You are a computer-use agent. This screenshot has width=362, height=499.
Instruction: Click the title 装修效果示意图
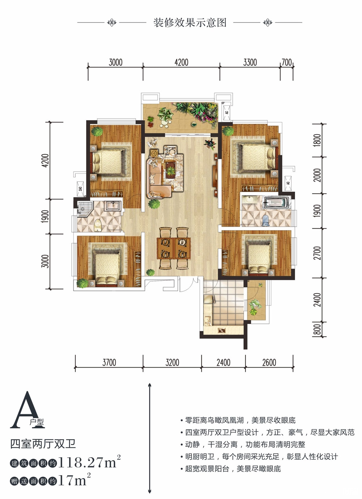[x=190, y=22]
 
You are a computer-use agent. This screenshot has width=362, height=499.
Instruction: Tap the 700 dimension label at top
[x=287, y=62]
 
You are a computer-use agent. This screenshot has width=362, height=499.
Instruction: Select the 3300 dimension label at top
[x=250, y=62]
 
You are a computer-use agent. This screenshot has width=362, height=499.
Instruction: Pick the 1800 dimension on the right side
[x=317, y=140]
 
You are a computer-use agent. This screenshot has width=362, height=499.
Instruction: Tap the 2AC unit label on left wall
[x=80, y=189]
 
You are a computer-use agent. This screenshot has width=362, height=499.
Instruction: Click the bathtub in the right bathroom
[x=277, y=202]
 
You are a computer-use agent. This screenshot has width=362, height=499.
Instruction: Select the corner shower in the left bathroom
[x=85, y=209]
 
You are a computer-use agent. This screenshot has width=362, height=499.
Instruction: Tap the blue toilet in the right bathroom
[x=266, y=220]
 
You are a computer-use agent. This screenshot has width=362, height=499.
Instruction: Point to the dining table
[x=174, y=248]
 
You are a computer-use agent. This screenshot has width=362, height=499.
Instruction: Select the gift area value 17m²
[x=75, y=480]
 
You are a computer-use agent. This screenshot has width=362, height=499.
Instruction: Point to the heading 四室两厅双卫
[x=43, y=444]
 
